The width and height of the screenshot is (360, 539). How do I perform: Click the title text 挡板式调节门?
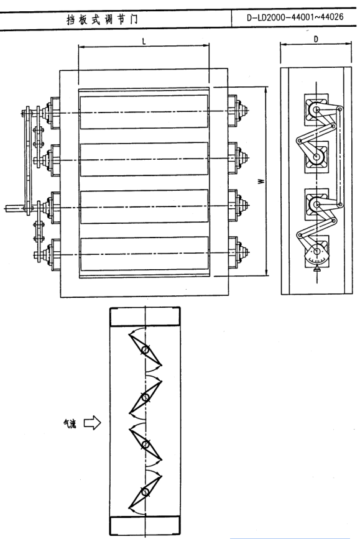[102, 19]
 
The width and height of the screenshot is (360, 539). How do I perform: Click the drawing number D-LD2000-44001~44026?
[295, 17]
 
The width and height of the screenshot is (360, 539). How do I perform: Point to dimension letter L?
[144, 41]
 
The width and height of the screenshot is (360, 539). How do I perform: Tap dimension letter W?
[262, 181]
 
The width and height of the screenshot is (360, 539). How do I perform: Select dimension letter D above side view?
[316, 39]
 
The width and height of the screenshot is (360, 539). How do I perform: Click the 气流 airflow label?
[70, 424]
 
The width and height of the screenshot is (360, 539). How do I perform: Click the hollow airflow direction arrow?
[92, 423]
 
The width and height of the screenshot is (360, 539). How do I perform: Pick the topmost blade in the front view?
[144, 112]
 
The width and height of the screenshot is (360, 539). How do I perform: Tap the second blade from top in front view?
[144, 159]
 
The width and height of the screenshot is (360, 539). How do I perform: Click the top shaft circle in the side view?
[316, 110]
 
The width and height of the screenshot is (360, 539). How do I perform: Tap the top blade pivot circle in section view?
[145, 350]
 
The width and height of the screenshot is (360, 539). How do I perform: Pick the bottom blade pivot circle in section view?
[145, 492]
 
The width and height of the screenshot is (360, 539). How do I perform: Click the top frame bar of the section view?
[145, 316]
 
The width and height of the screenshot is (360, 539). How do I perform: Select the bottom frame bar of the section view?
[145, 525]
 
